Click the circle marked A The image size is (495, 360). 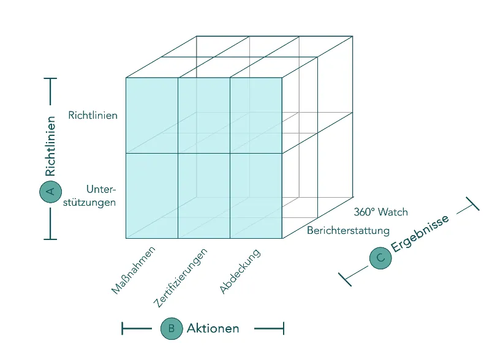(50, 192)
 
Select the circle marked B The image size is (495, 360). (171, 329)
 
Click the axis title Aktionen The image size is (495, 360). (213, 329)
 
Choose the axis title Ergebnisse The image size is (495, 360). (421, 233)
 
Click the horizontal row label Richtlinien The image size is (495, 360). (93, 115)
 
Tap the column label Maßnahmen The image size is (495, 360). (133, 270)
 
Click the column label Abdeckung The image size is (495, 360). (240, 271)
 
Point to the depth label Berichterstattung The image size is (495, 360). (348, 231)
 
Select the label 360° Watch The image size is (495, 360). (380, 212)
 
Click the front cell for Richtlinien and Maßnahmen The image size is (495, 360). (151, 115)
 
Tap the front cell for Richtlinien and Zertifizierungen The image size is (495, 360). (203, 115)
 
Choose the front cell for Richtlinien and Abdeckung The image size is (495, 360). (255, 115)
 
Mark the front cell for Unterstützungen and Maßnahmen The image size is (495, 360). (151, 195)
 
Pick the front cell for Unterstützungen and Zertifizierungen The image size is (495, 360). (203, 195)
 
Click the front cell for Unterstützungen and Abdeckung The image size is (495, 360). (255, 195)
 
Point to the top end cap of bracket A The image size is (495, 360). (50, 78)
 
